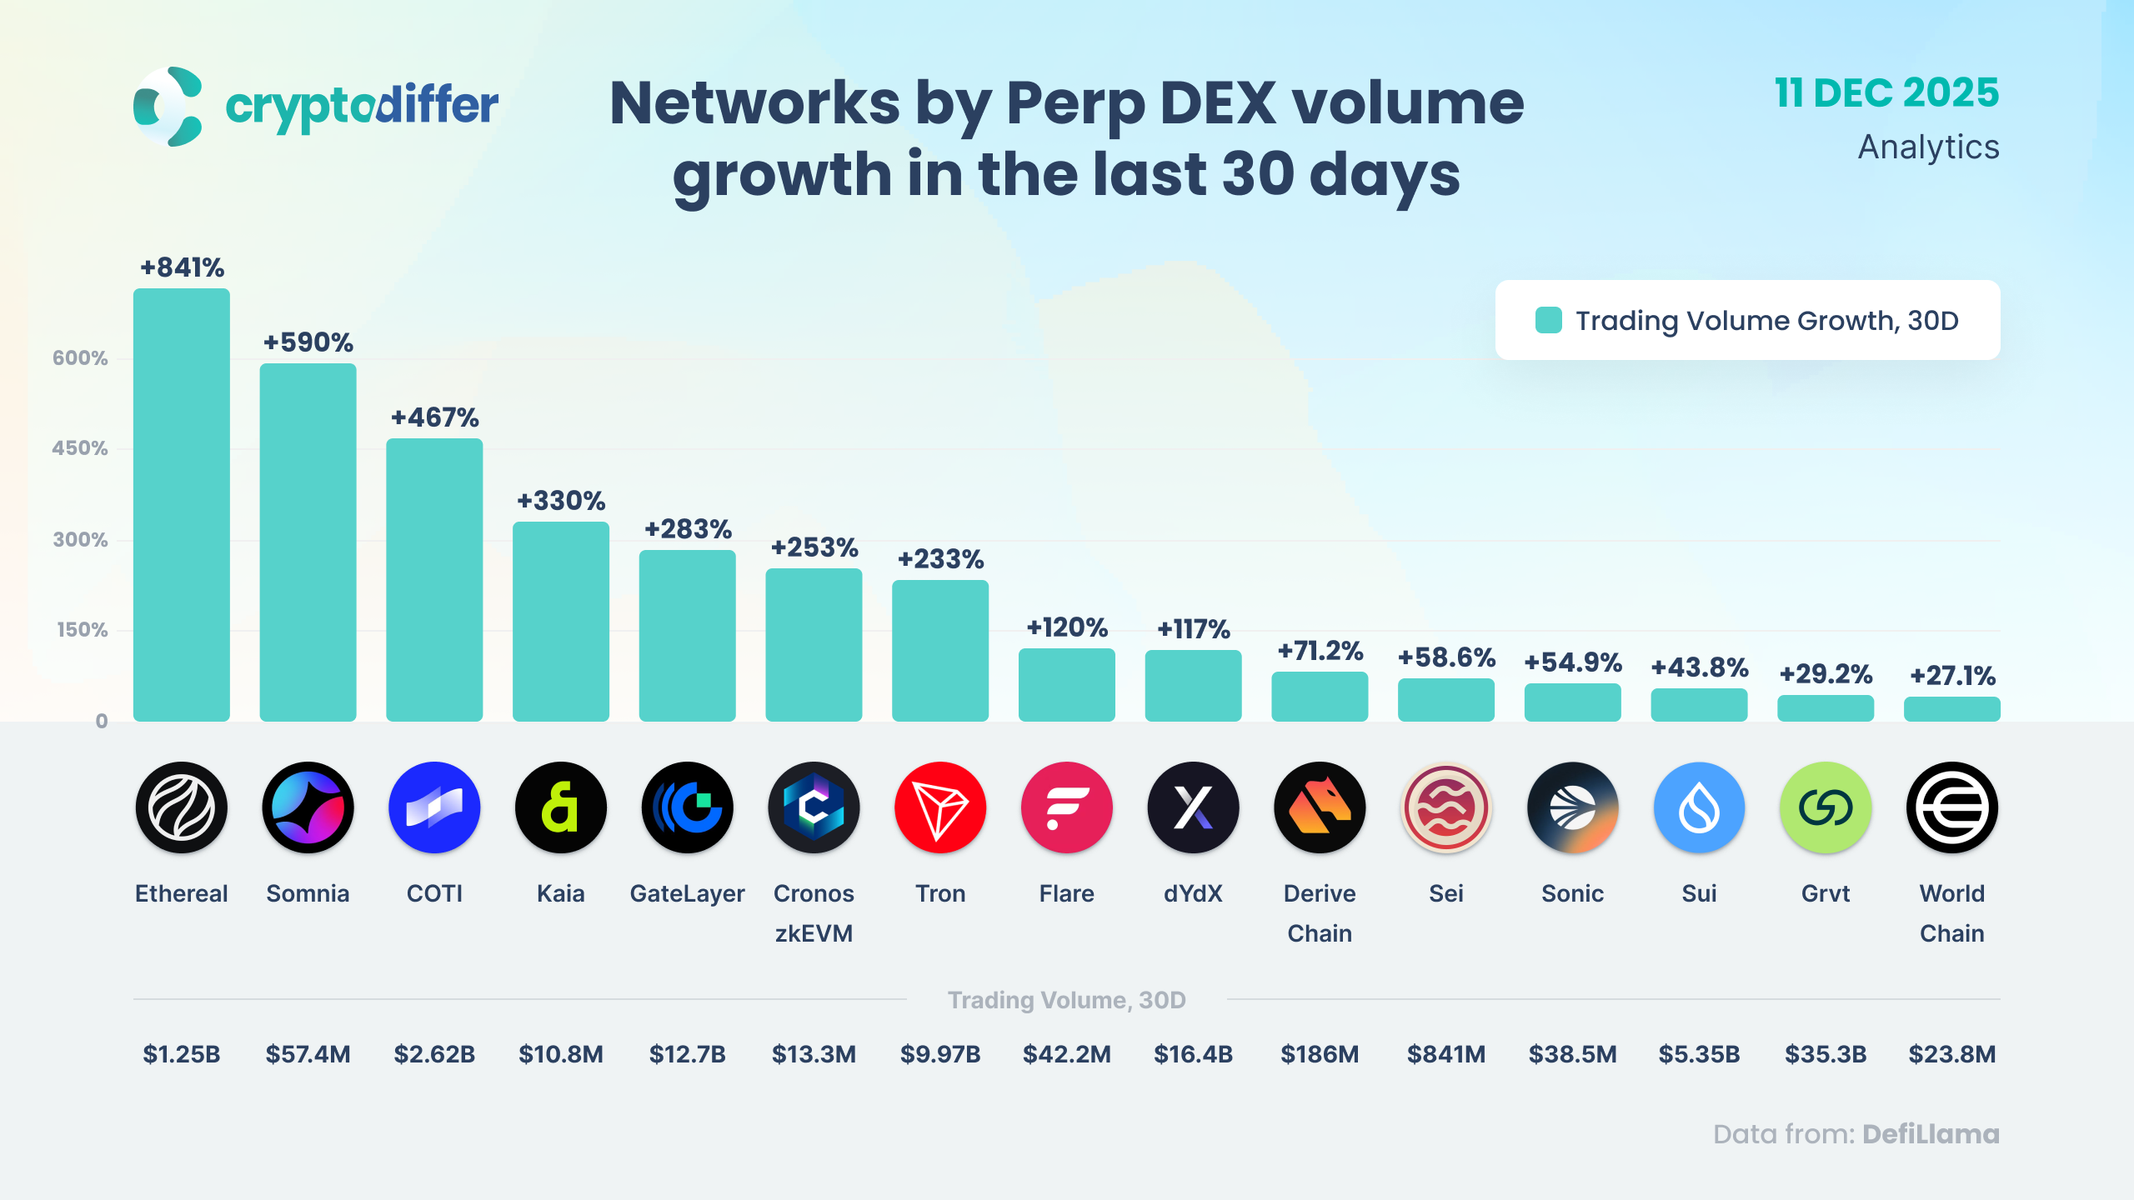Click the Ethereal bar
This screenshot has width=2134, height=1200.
click(x=181, y=504)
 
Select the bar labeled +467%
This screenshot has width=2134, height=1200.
click(x=434, y=579)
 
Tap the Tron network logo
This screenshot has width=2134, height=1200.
click(x=940, y=807)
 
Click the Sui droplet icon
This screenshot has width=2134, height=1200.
click(x=1699, y=807)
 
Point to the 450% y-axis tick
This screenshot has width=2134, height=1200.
click(x=80, y=448)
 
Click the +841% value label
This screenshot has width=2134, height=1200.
click(x=182, y=267)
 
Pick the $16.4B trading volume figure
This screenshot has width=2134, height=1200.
click(x=1193, y=1054)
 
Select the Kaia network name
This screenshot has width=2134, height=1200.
click(x=560, y=893)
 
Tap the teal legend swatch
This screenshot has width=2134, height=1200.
click(x=1548, y=321)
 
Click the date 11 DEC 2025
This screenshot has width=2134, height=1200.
click(x=1886, y=92)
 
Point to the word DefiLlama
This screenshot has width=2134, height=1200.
click(x=1931, y=1134)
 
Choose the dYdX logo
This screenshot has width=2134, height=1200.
click(x=1193, y=807)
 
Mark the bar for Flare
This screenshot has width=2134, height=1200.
click(x=1066, y=685)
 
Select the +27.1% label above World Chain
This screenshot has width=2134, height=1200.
click(x=1952, y=675)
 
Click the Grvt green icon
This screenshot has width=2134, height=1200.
click(x=1826, y=807)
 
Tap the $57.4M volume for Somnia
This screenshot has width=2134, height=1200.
click(x=308, y=1054)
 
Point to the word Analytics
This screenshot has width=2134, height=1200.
click(x=1928, y=147)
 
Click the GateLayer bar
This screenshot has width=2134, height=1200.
click(x=687, y=635)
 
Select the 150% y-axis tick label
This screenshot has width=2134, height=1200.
click(x=82, y=630)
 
